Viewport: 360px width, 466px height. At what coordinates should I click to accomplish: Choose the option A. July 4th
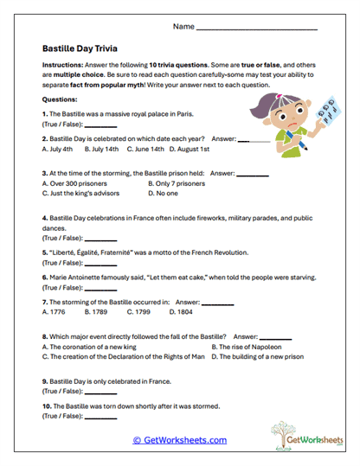point(56,149)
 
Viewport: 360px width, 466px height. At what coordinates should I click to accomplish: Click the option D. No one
point(164,194)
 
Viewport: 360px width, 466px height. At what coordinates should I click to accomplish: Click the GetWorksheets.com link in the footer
point(180,440)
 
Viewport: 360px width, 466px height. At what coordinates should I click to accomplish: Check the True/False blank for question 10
point(100,417)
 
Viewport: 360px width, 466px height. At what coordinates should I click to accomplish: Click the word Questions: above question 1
point(60,99)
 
